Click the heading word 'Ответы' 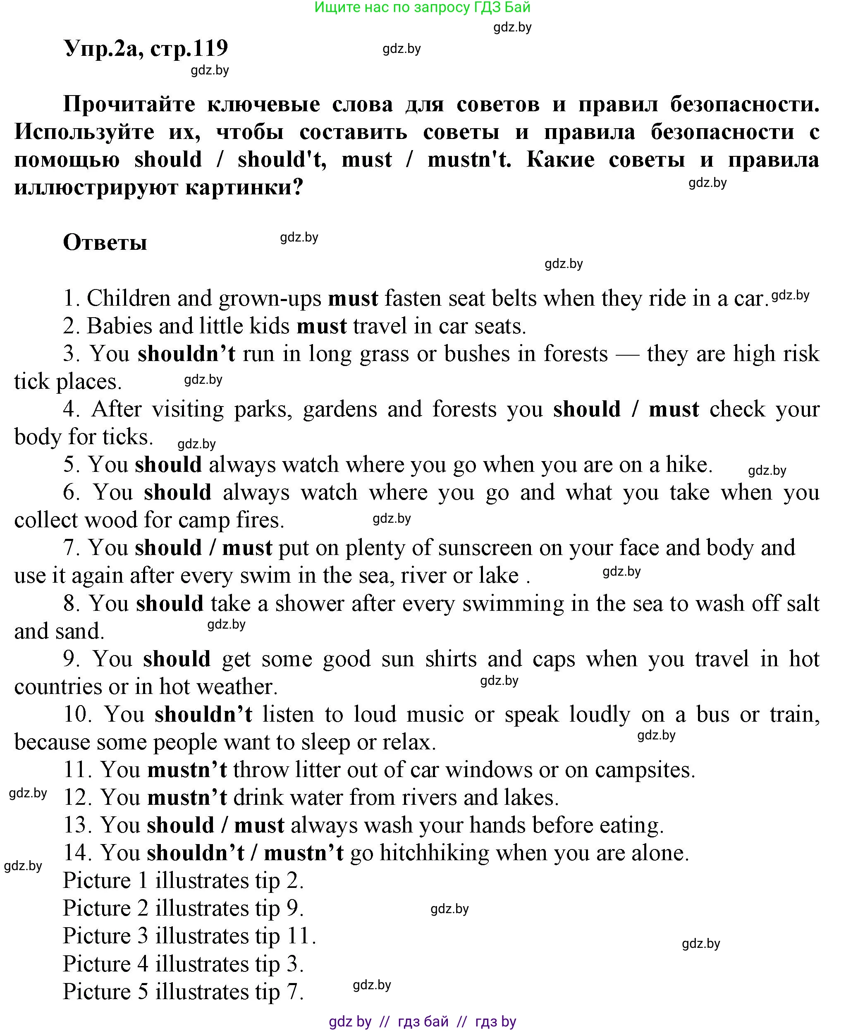[x=105, y=242]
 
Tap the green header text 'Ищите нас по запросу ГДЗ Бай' [x=422, y=7]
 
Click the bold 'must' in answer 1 [x=353, y=298]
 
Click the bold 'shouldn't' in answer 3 [x=186, y=354]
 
